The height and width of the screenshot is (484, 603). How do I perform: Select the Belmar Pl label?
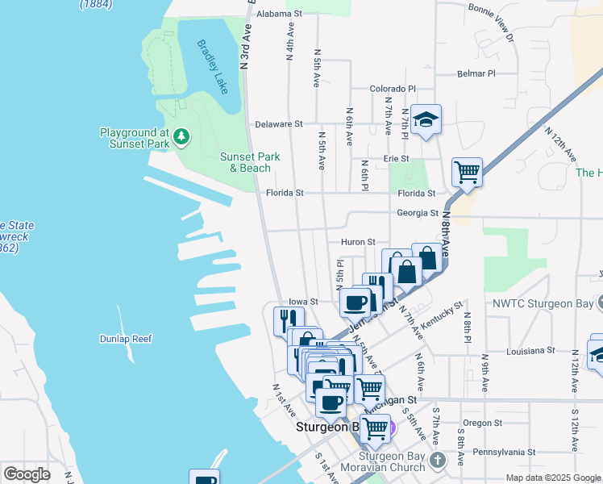click(476, 73)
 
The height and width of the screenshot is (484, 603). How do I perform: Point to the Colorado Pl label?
click(393, 89)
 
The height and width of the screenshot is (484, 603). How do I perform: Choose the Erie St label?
click(396, 159)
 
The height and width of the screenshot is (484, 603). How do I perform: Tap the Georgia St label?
click(417, 213)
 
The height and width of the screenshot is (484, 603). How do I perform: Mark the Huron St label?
click(359, 241)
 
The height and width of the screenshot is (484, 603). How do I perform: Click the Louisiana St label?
click(530, 351)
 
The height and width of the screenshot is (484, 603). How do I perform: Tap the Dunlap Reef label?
click(126, 339)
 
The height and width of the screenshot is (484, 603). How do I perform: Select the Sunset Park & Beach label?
click(250, 162)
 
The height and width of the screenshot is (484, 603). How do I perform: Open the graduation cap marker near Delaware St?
click(425, 120)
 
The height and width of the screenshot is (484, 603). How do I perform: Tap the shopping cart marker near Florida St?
click(467, 172)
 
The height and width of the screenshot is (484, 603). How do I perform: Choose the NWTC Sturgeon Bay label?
click(542, 305)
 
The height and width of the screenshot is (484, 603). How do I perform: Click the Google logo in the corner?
click(27, 474)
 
